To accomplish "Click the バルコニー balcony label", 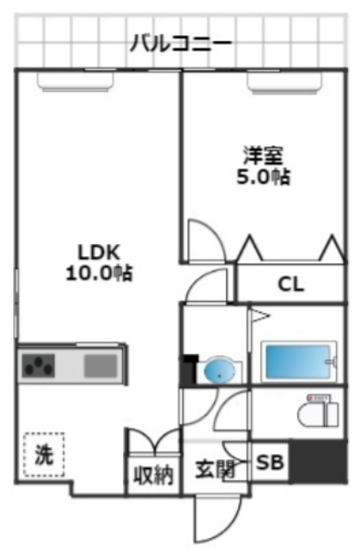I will pyautogui.click(x=180, y=43).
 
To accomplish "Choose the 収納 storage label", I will pyautogui.click(x=153, y=474).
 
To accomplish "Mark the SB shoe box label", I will pyautogui.click(x=271, y=464).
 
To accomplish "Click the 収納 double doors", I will pyautogui.click(x=153, y=443).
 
